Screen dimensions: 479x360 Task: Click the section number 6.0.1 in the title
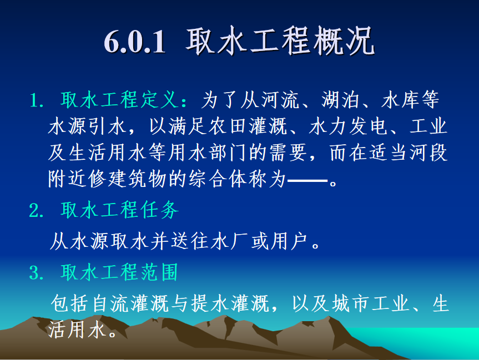(135, 42)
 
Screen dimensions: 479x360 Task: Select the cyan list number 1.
(36, 100)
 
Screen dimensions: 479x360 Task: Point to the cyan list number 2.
(36, 211)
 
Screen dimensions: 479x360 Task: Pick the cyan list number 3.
(36, 273)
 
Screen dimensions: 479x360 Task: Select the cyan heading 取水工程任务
(119, 210)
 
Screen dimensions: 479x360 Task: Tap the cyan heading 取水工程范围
(119, 272)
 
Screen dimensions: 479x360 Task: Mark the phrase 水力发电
(348, 126)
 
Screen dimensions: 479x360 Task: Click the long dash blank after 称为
(307, 181)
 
